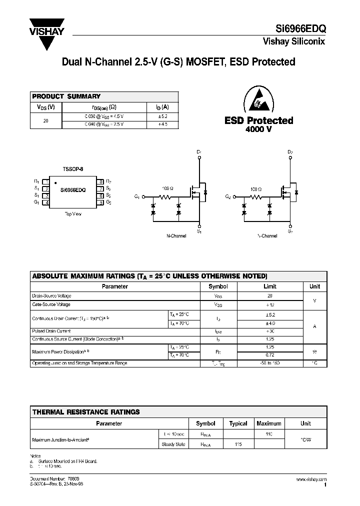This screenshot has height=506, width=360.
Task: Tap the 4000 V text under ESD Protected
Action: [258, 129]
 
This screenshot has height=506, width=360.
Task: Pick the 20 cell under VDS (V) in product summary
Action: [46, 120]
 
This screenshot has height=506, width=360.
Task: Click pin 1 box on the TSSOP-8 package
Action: [45, 181]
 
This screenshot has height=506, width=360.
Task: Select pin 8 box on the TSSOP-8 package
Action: [101, 181]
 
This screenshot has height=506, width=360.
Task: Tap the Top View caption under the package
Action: [73, 213]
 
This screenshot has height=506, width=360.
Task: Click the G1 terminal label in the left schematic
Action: [137, 196]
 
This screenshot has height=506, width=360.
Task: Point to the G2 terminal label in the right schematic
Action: [228, 196]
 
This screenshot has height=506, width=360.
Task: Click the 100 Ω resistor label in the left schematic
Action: [167, 189]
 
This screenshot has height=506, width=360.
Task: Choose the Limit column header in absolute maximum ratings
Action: [269, 286]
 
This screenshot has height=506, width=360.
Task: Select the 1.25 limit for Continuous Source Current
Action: [269, 338]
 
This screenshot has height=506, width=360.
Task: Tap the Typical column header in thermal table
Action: [238, 423]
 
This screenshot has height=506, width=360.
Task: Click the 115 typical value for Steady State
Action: [238, 444]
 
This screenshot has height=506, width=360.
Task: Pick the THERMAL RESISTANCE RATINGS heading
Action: [86, 412]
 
